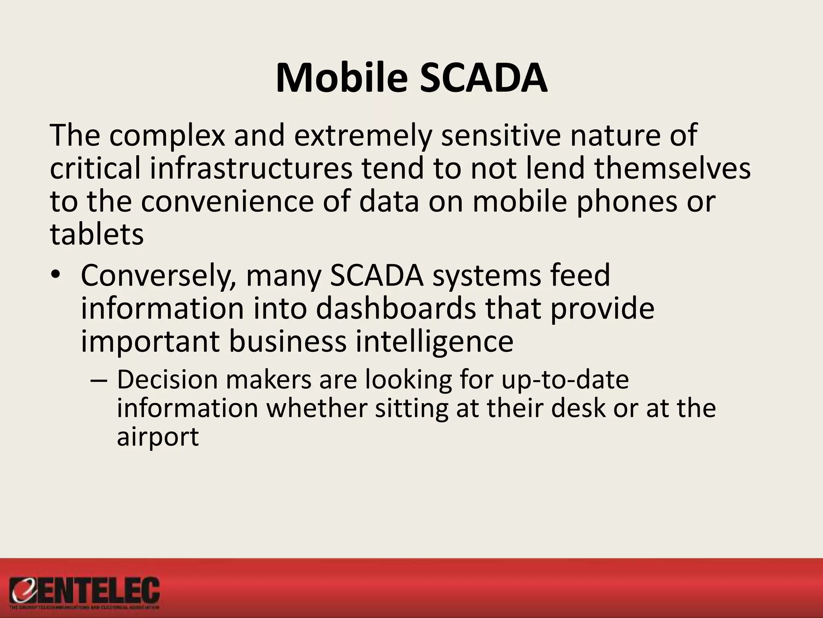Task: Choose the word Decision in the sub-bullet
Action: [x=167, y=380]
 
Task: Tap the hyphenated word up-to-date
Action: [x=565, y=380]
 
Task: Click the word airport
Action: [x=158, y=437]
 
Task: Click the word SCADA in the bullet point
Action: [x=377, y=276]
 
